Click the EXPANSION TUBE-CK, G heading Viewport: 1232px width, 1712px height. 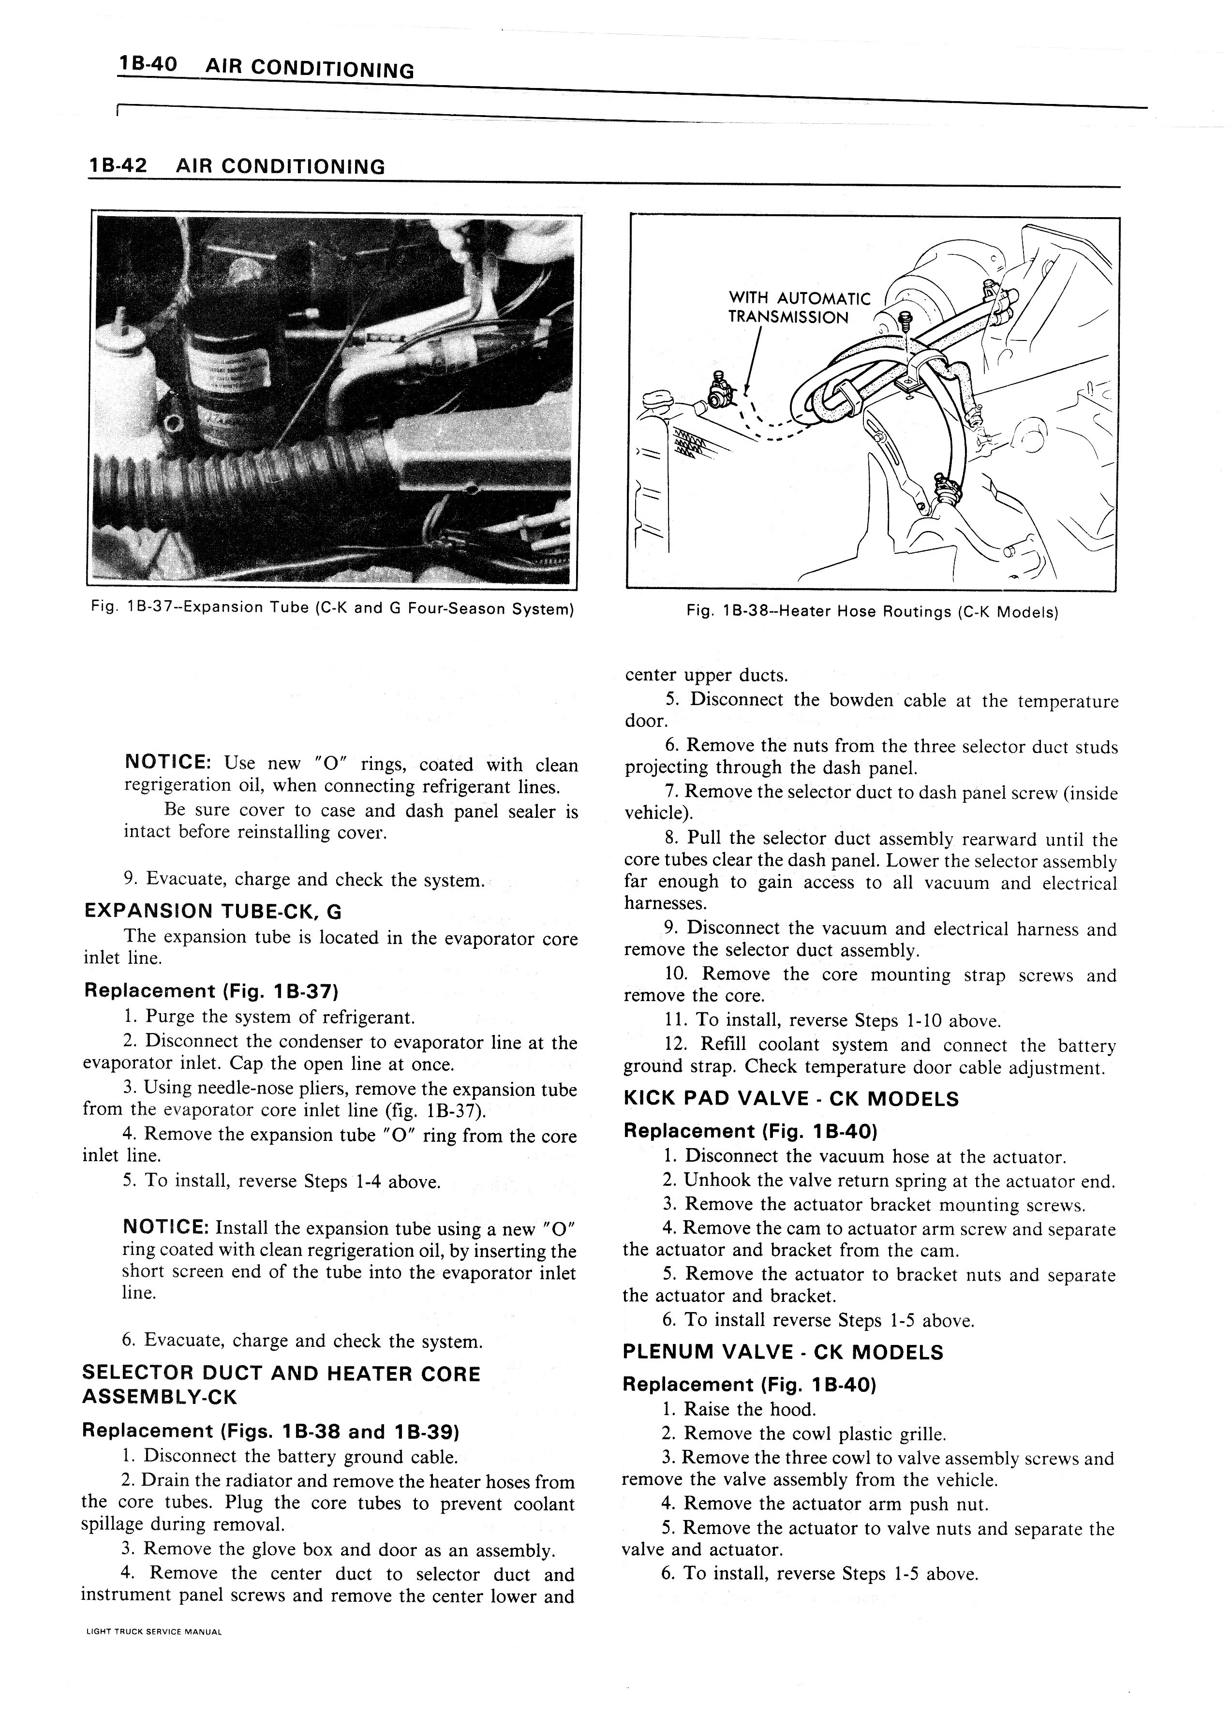tap(212, 912)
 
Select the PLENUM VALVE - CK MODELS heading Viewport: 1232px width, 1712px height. tap(783, 1353)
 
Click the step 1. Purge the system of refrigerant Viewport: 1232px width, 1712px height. tap(269, 1018)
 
